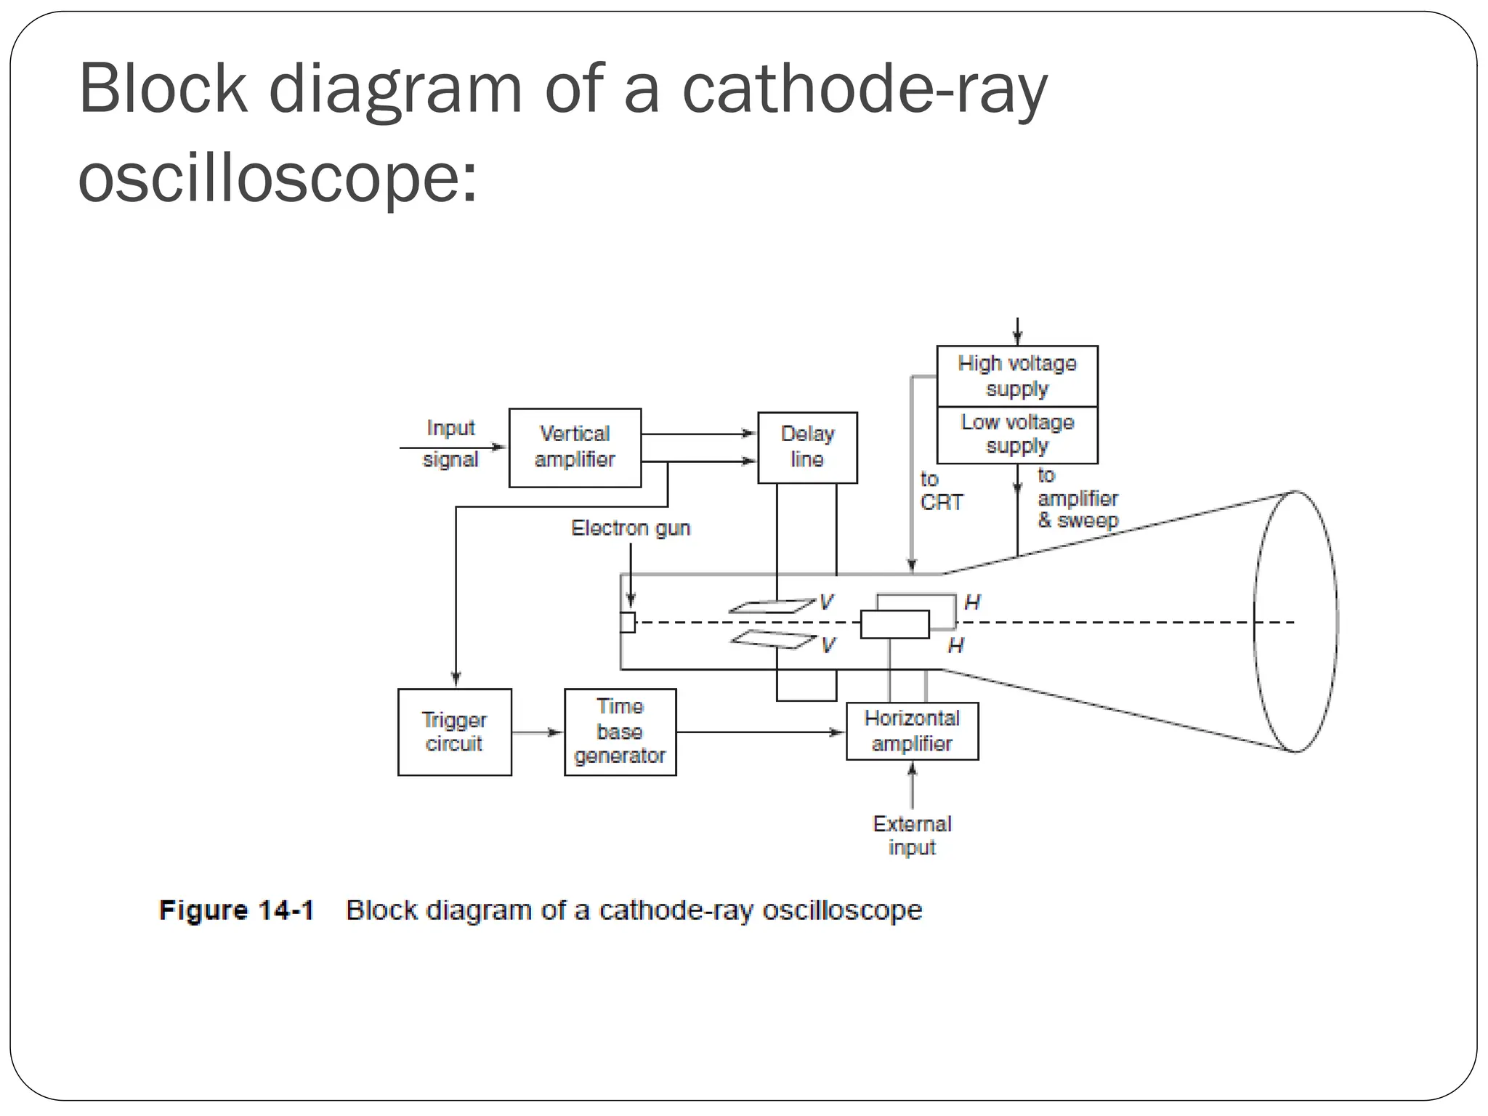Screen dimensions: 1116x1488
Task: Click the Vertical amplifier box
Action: click(575, 448)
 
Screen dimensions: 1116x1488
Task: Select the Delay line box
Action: click(807, 448)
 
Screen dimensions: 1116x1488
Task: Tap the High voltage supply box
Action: click(1016, 376)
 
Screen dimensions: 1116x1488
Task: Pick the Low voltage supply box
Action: click(1016, 434)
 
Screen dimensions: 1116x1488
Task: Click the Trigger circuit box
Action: click(454, 732)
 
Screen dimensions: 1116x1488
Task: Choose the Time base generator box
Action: click(620, 732)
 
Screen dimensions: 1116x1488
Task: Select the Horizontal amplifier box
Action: click(912, 731)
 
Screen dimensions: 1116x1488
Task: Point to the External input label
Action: click(912, 836)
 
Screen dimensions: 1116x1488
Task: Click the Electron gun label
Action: click(630, 528)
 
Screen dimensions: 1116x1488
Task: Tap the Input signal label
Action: click(450, 443)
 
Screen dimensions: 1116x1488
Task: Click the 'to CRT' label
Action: click(940, 491)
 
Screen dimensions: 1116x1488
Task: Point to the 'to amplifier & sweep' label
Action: click(1077, 499)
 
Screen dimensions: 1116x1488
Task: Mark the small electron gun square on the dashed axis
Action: click(627, 623)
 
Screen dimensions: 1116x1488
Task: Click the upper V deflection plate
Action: click(772, 606)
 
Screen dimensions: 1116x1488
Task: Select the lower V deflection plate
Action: click(773, 639)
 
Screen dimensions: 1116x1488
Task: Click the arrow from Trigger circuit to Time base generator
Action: click(538, 732)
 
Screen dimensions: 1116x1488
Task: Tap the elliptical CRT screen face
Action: click(1295, 622)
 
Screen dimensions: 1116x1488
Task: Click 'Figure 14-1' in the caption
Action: click(236, 910)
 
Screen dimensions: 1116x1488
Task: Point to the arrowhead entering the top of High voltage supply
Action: click(1017, 338)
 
